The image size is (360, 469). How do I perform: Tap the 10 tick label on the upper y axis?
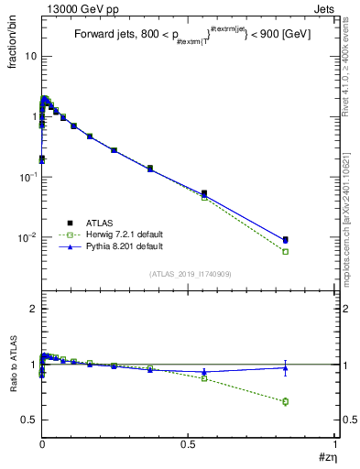click(30, 57)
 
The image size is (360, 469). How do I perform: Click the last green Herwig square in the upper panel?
click(286, 251)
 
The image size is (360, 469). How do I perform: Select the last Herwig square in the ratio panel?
click(286, 401)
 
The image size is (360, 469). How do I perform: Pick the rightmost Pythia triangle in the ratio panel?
click(286, 368)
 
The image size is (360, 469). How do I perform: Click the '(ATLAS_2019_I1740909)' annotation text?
click(189, 274)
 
